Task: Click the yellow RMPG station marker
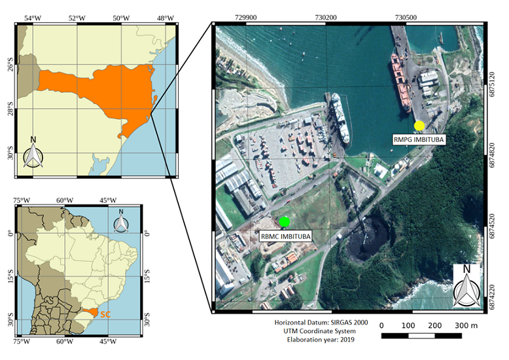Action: [x=419, y=125]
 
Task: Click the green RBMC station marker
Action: [x=284, y=221]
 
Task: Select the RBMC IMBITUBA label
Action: [x=285, y=236]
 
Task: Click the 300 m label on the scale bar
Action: [x=466, y=325]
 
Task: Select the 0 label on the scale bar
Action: [x=381, y=325]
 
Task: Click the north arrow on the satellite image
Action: [x=466, y=285]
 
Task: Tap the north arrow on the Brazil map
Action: [x=121, y=222]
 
